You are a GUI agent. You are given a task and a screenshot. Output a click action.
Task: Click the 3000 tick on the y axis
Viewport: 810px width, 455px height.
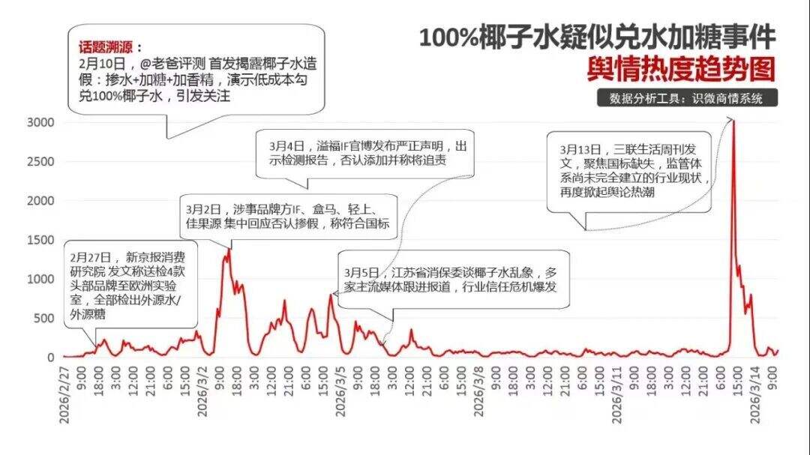click(x=39, y=122)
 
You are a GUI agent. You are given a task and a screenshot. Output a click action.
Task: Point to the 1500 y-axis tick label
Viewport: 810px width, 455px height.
click(x=39, y=240)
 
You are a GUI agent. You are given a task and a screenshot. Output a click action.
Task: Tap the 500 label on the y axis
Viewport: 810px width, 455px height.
click(x=43, y=318)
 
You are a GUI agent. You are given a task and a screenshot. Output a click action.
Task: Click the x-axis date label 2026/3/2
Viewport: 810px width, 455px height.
click(x=202, y=398)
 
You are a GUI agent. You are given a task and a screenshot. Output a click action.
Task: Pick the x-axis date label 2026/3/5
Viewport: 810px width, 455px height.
click(x=340, y=398)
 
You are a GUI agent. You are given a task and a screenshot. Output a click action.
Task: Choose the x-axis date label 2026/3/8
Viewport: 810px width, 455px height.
click(x=478, y=398)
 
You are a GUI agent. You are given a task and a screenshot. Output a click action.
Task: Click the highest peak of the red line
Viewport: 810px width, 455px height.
click(x=733, y=121)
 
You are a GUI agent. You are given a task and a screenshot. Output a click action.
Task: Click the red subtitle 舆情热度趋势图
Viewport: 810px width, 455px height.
click(x=680, y=70)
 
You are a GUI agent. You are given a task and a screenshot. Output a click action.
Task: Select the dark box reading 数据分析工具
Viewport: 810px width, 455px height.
click(x=686, y=98)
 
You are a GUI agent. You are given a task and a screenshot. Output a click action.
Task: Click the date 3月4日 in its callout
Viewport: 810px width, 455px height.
click(x=288, y=145)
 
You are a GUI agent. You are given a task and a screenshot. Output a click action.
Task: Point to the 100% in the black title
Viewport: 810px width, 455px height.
click(x=448, y=37)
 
